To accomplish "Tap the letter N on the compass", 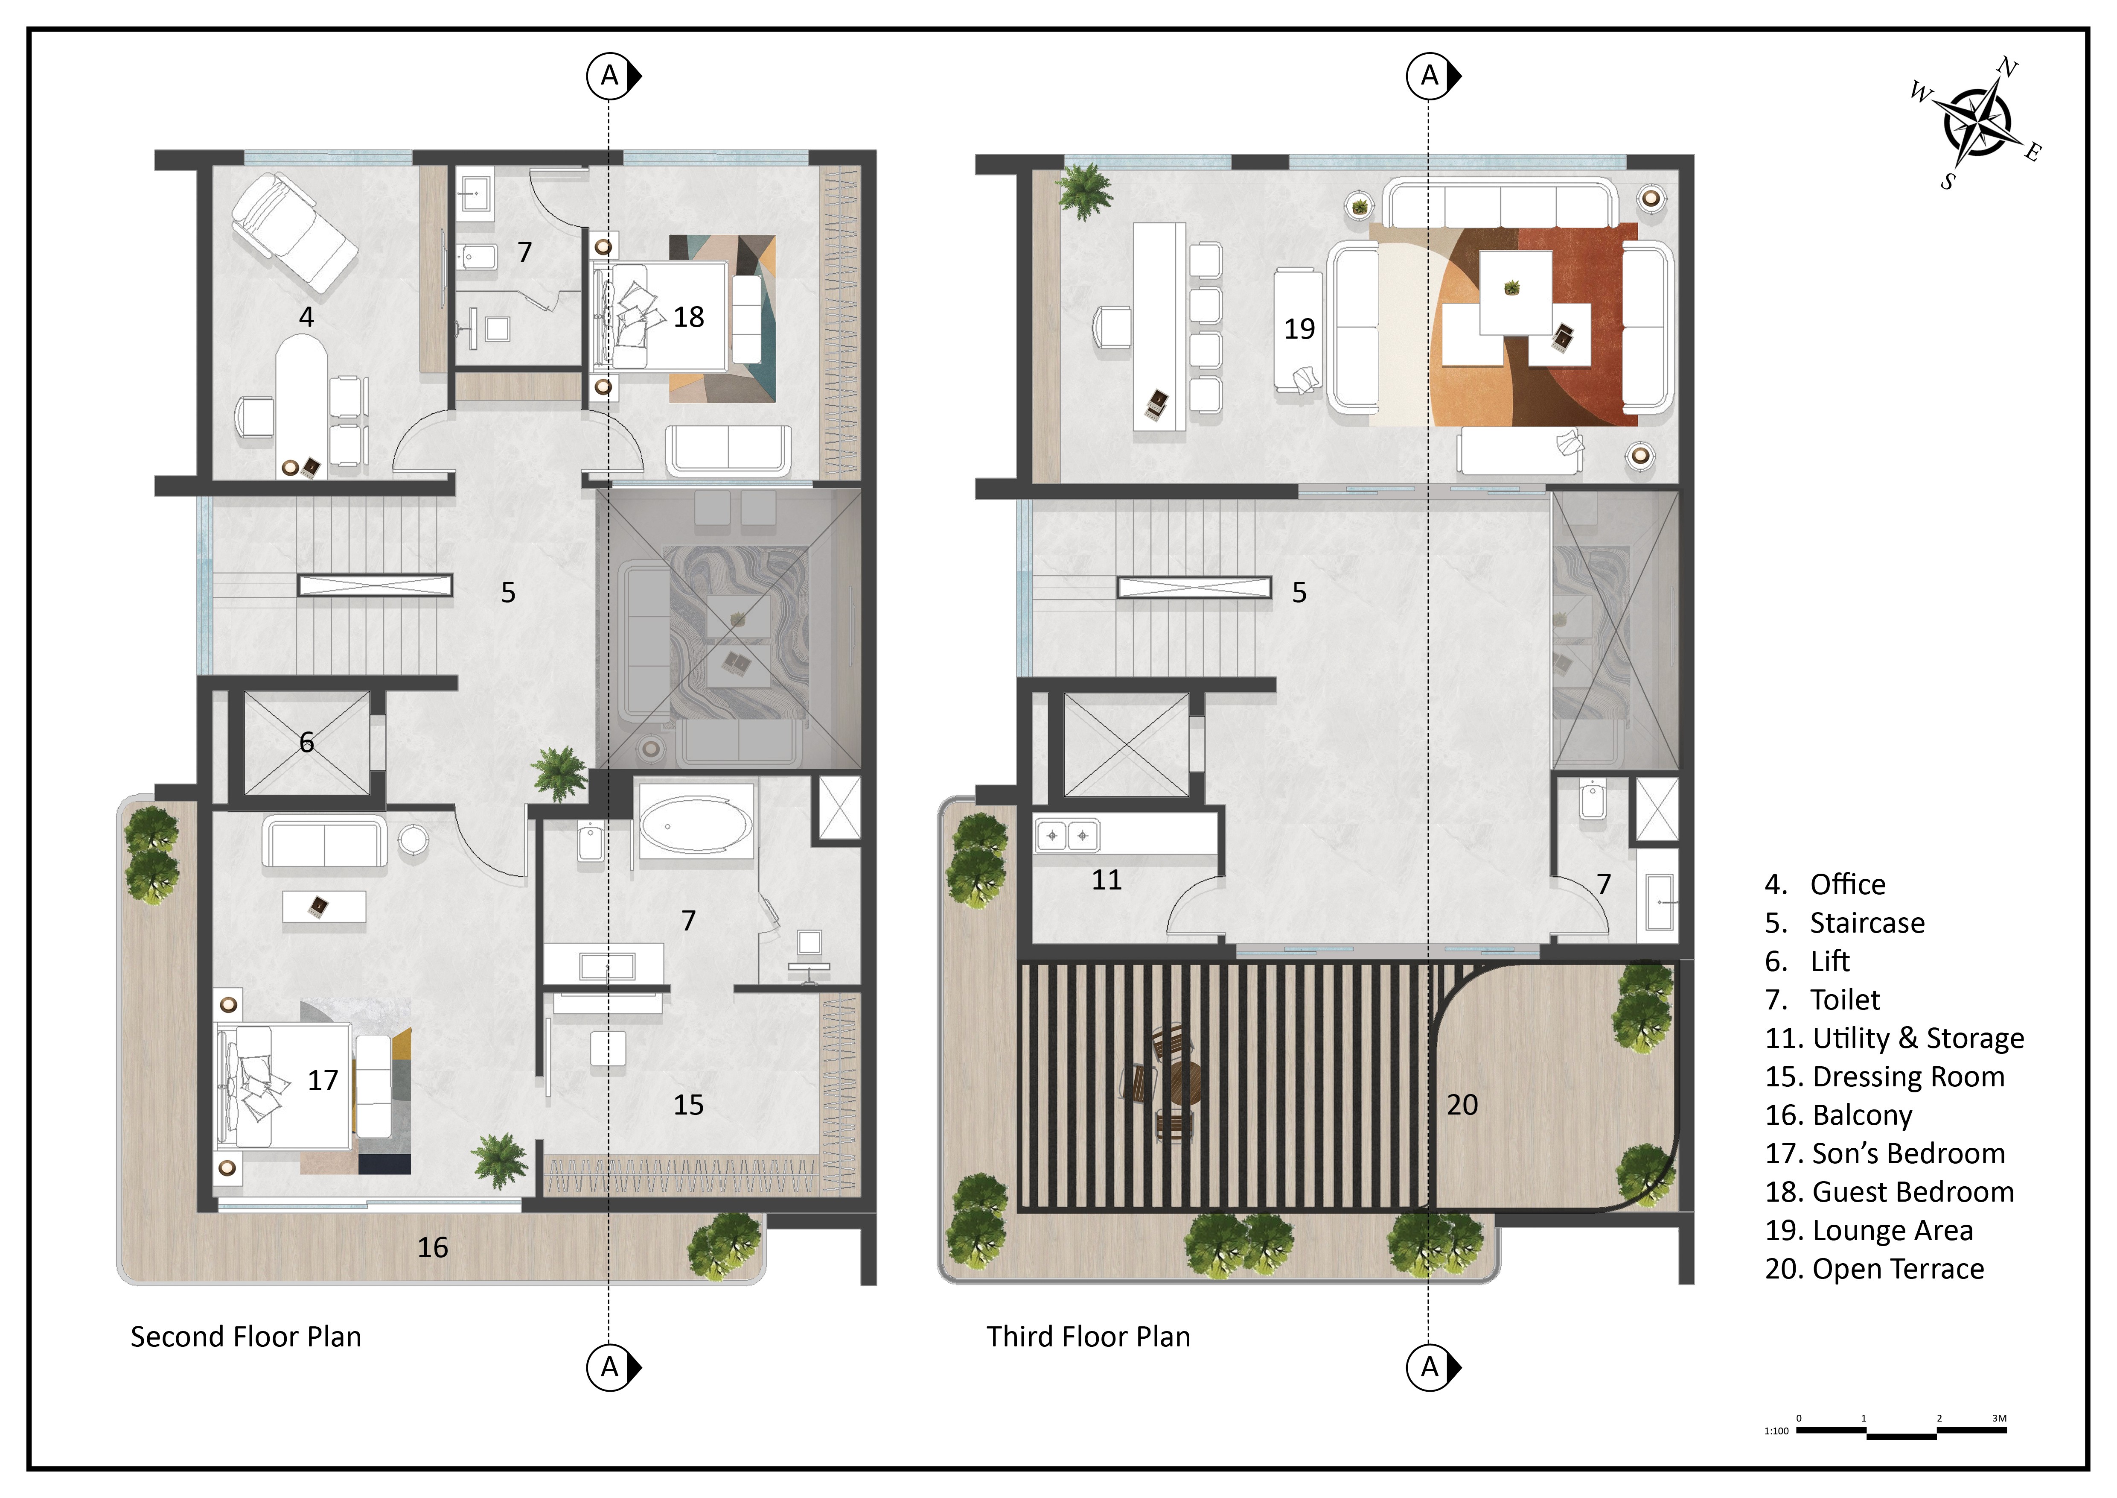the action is pyautogui.click(x=2007, y=67).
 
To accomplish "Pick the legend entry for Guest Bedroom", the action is pyautogui.click(x=1889, y=1192).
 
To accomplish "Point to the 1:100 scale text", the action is pyautogui.click(x=1776, y=1431).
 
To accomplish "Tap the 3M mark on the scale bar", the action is pyautogui.click(x=1999, y=1418).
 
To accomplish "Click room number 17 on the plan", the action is pyautogui.click(x=323, y=1080).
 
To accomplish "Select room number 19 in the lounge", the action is pyautogui.click(x=1299, y=328).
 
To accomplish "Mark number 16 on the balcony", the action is pyautogui.click(x=432, y=1247).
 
